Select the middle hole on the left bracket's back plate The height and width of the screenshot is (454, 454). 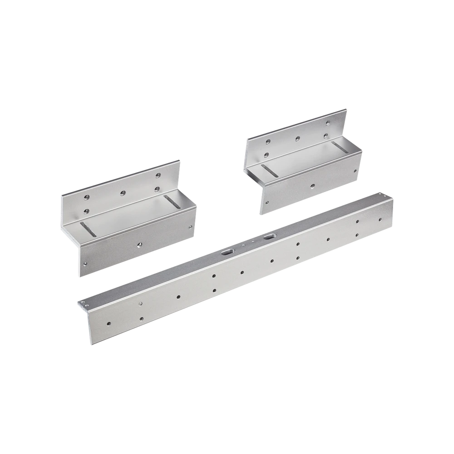[x=122, y=193]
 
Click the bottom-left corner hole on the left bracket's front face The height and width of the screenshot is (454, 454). [x=85, y=263]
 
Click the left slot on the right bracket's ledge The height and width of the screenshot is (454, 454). [x=269, y=170]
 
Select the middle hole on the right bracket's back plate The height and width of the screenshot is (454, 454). [x=297, y=138]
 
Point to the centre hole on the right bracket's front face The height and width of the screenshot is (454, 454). [x=312, y=185]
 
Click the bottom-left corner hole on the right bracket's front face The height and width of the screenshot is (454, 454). [x=266, y=202]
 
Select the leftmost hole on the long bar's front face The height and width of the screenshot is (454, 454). [x=108, y=324]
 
